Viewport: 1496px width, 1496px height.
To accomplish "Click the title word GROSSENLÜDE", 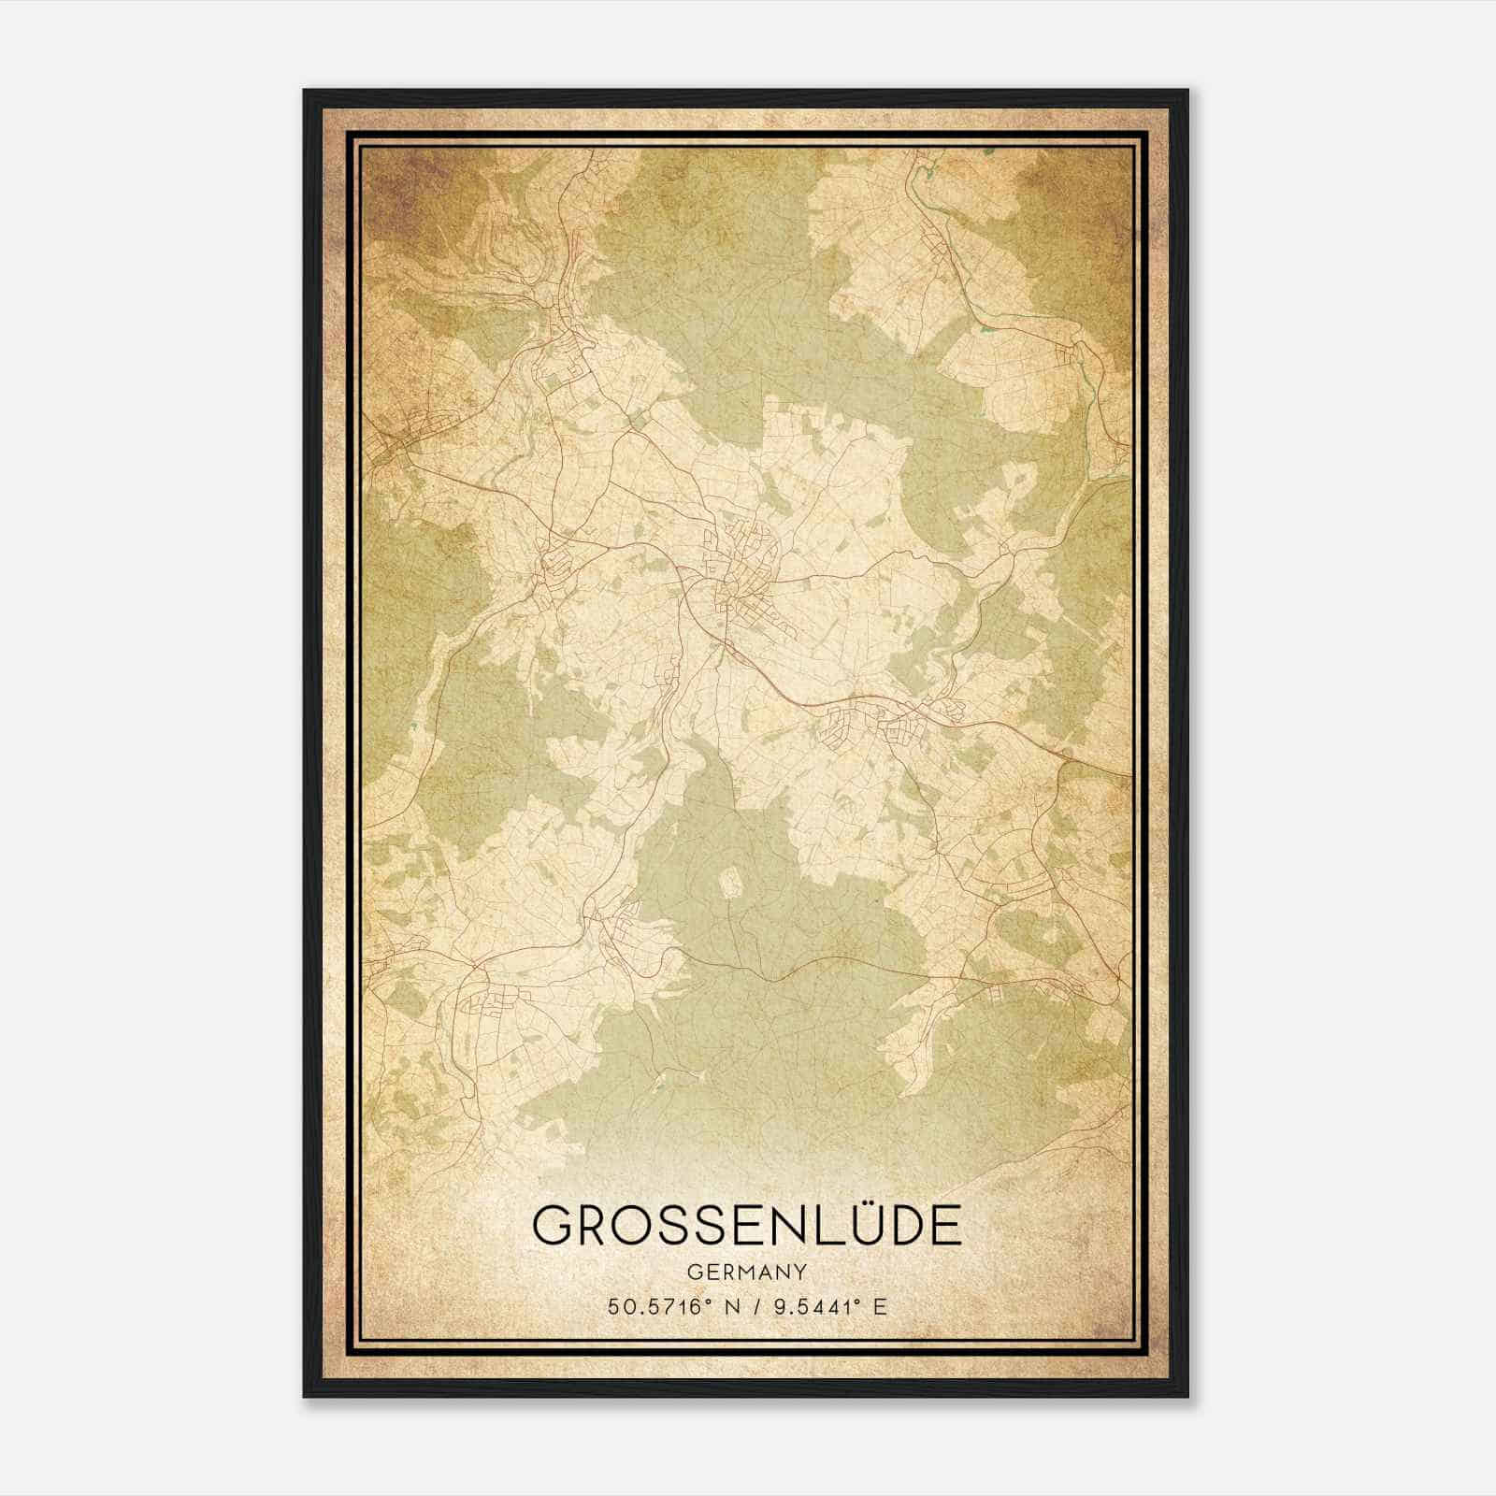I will tap(746, 1224).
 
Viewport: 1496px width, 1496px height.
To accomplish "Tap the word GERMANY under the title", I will tap(746, 1273).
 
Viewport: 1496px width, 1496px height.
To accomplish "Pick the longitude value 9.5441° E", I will tap(825, 1307).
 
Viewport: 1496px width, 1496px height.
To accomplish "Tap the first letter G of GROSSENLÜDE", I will tap(554, 1225).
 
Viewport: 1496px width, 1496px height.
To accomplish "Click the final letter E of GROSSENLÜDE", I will tap(946, 1225).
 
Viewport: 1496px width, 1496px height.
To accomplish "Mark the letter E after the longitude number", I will tap(880, 1307).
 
